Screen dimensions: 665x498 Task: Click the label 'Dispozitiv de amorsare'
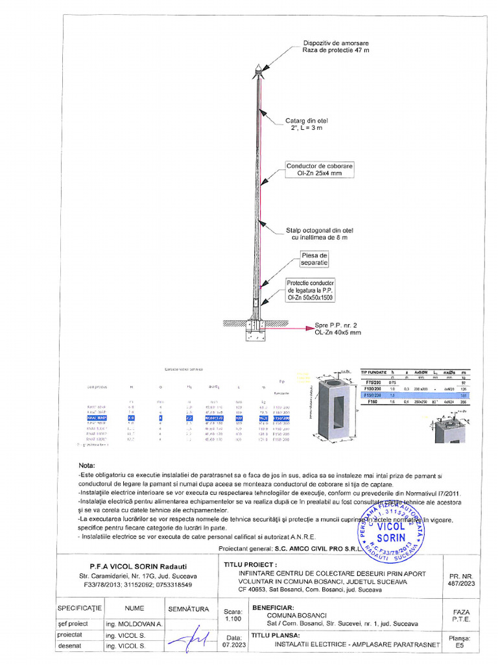point(335,43)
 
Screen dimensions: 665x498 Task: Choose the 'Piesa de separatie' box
point(314,259)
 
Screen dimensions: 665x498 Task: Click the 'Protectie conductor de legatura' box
point(311,290)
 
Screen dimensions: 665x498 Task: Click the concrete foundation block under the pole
point(257,333)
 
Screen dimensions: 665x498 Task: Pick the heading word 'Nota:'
point(86,466)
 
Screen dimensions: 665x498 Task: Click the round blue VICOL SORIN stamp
point(391,533)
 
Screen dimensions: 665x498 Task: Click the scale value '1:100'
point(233,620)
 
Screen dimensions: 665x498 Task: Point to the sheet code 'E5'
point(460,646)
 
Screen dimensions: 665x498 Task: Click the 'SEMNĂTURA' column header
point(189,609)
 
